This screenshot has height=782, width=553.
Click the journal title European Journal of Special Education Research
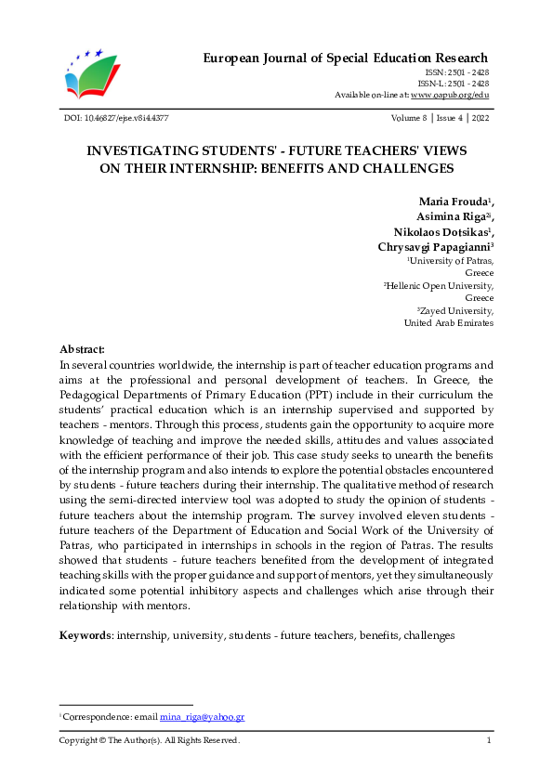(x=346, y=59)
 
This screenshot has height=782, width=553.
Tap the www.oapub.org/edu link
(x=450, y=96)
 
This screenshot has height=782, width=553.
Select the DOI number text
(x=113, y=119)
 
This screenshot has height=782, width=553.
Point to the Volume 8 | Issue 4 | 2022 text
(x=442, y=119)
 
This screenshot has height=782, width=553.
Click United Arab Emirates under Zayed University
(x=448, y=322)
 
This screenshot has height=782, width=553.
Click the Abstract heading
(x=82, y=348)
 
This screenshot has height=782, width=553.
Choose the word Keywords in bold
(x=85, y=635)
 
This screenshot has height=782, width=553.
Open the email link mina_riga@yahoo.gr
(x=202, y=718)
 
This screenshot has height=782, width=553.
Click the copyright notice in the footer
(x=150, y=740)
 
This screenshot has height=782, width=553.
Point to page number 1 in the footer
(x=489, y=740)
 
